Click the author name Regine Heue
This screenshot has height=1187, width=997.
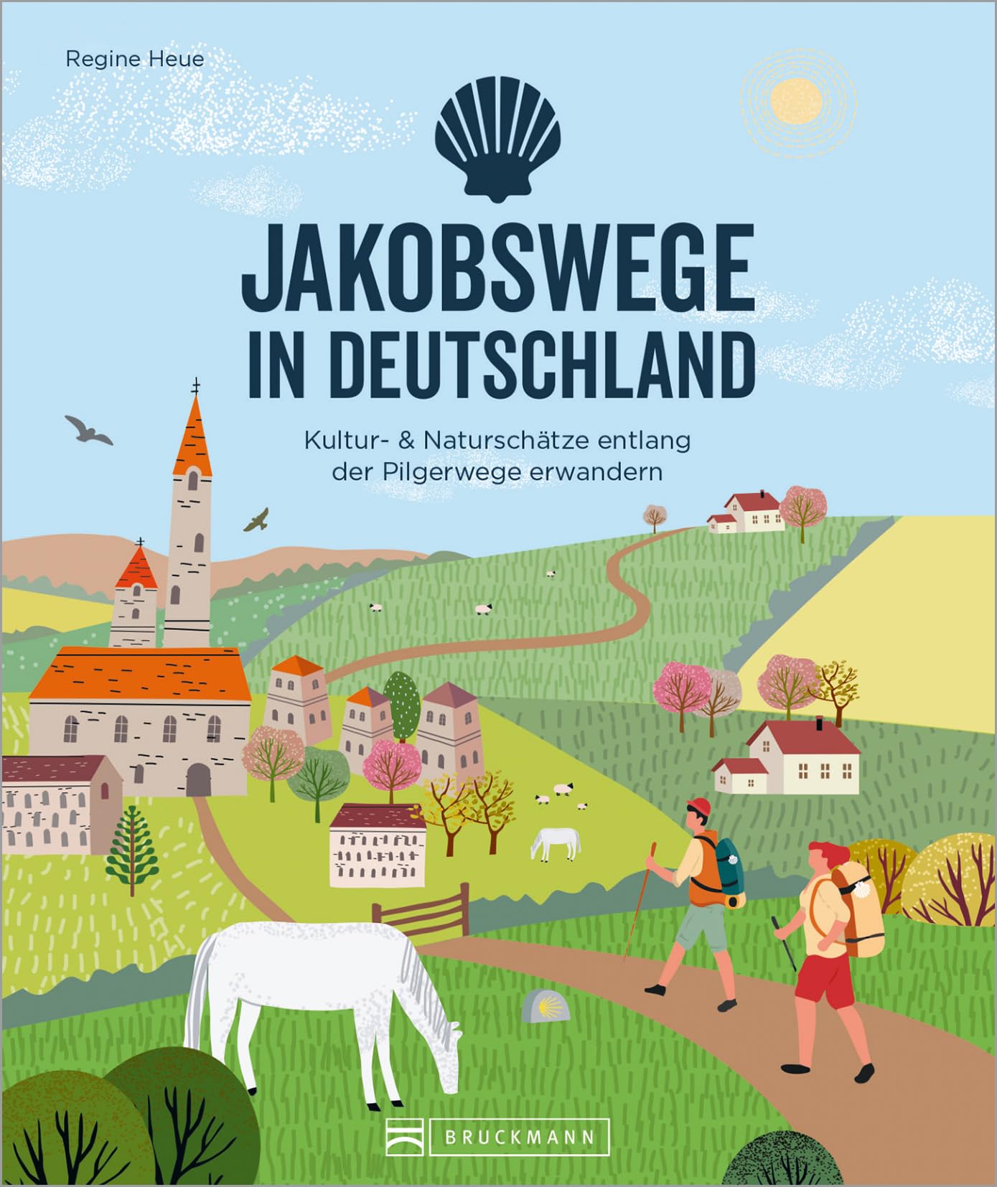(x=134, y=59)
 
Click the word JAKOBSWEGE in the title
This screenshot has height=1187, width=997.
(x=497, y=268)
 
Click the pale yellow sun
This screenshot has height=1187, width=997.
(x=795, y=101)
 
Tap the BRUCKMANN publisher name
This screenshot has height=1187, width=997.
(x=519, y=1137)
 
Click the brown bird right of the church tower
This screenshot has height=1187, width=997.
(x=256, y=520)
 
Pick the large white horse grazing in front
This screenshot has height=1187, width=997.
(x=316, y=990)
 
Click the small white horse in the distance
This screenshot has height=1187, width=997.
(x=556, y=843)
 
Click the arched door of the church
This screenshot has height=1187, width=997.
(x=198, y=779)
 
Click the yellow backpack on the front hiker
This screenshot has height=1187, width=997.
(x=862, y=908)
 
